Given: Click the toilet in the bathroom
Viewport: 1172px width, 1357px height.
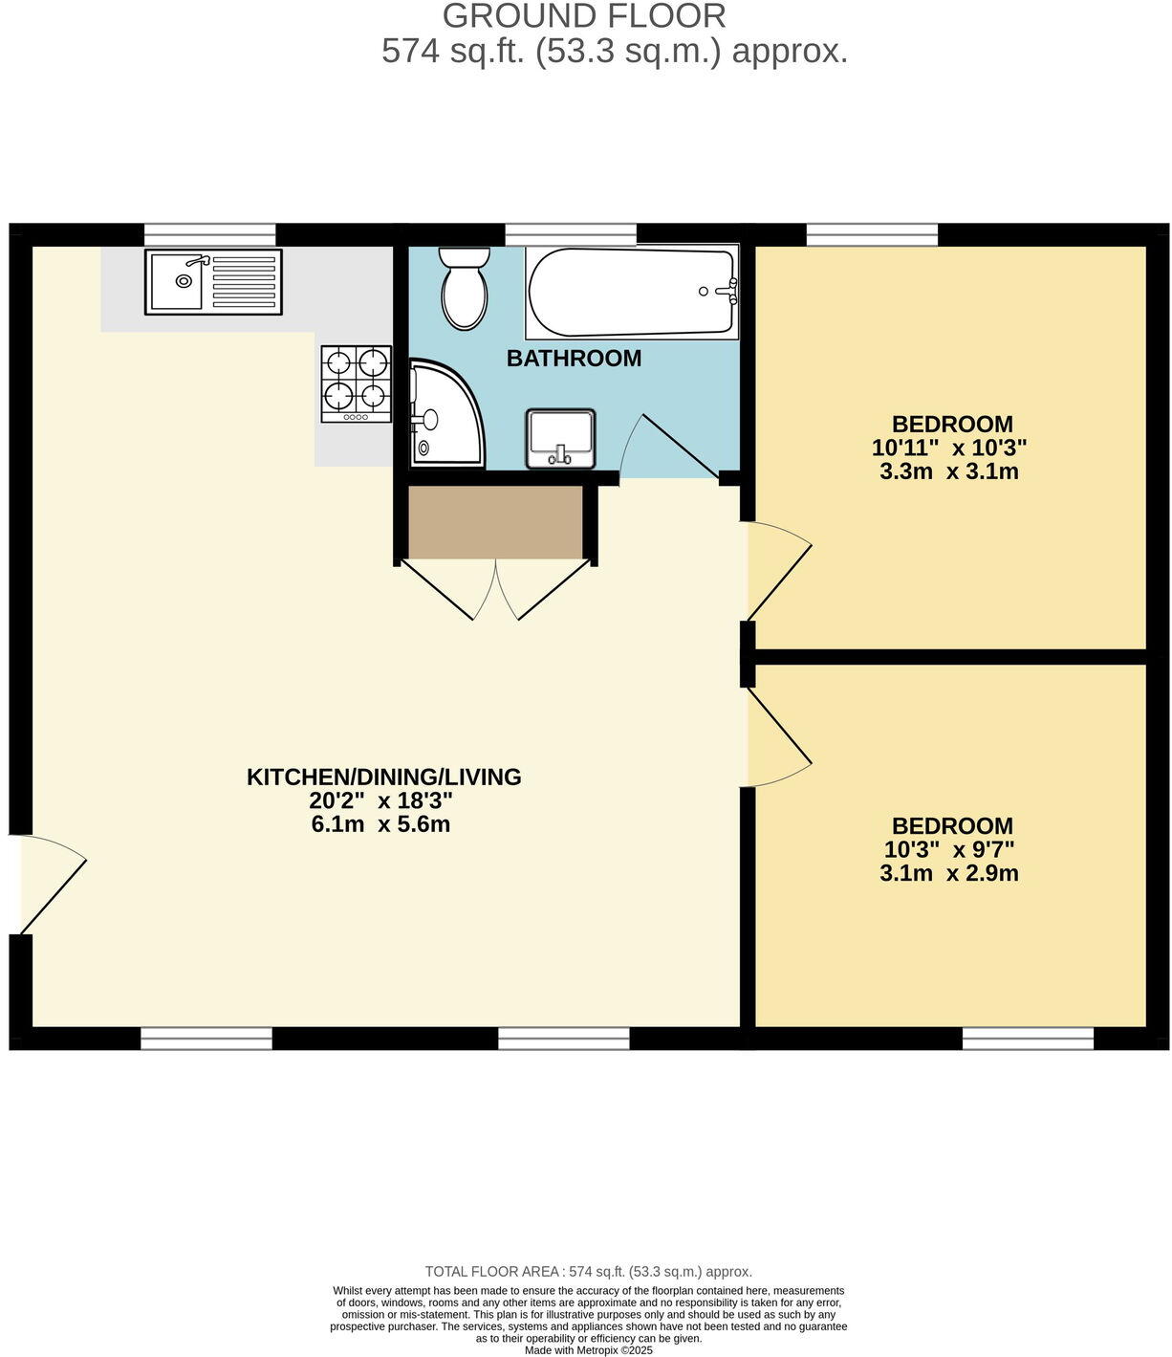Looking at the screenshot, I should pyautogui.click(x=465, y=290).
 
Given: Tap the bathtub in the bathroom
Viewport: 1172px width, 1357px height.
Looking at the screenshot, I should pyautogui.click(x=631, y=292).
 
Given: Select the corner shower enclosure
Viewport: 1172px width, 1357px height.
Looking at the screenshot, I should pyautogui.click(x=444, y=413).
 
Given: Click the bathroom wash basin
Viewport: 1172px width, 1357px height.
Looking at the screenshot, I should pyautogui.click(x=560, y=439).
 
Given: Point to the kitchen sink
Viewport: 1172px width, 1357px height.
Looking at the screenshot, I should pyautogui.click(x=213, y=281).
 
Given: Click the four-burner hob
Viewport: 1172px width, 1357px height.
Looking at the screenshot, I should pyautogui.click(x=357, y=383).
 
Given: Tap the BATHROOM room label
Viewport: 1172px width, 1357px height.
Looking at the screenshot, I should pyautogui.click(x=574, y=359).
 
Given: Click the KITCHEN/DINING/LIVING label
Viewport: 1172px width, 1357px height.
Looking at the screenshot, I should pyautogui.click(x=384, y=777).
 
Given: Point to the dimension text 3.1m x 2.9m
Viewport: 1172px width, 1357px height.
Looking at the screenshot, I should pyautogui.click(x=948, y=873).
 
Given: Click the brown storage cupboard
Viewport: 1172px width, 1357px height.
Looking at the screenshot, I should pyautogui.click(x=495, y=522).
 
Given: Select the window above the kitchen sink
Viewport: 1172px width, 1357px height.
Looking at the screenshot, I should pyautogui.click(x=210, y=234).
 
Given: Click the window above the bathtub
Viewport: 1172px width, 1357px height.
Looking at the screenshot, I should pyautogui.click(x=571, y=234).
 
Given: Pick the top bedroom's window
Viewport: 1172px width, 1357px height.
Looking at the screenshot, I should pyautogui.click(x=872, y=234).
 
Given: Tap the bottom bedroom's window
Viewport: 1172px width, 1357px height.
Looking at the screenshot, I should pyautogui.click(x=1028, y=1038).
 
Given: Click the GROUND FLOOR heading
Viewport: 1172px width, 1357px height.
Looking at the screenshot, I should pyautogui.click(x=584, y=16).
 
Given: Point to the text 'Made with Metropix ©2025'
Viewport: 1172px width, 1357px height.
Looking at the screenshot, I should pyautogui.click(x=589, y=1350).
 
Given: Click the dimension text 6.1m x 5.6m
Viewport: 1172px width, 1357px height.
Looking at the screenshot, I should pyautogui.click(x=380, y=824).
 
